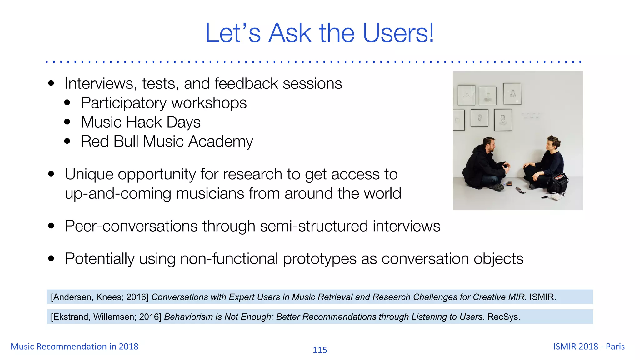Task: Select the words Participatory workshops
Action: point(164,103)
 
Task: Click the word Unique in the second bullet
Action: point(89,174)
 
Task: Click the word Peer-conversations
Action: point(131,226)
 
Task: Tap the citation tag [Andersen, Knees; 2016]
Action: point(100,297)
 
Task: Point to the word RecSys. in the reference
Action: point(504,317)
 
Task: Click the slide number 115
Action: point(320,350)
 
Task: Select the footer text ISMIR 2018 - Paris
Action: point(589,347)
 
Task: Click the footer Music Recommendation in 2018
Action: point(74,347)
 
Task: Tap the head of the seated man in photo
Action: point(488,144)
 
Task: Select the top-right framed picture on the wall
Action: point(512,94)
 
